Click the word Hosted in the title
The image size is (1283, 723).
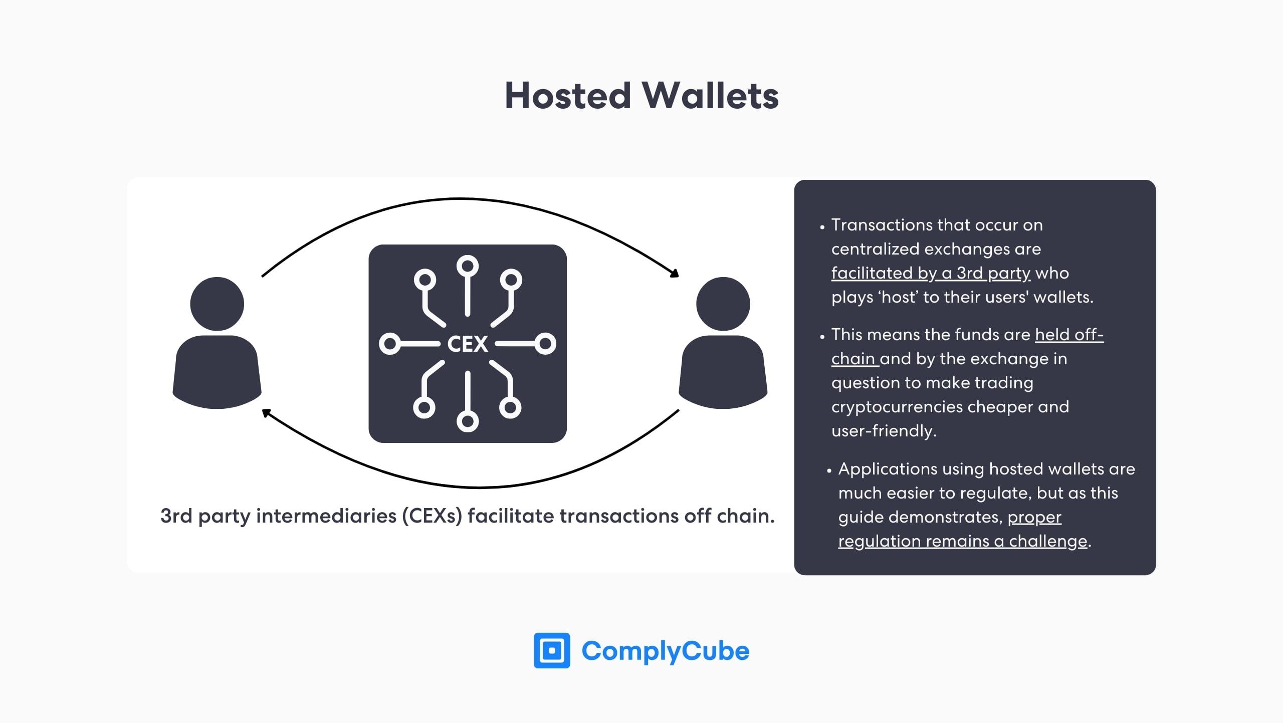[x=567, y=96]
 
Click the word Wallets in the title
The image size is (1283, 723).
[x=711, y=96]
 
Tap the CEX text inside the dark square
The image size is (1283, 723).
[x=467, y=344]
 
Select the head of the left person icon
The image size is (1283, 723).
[x=217, y=304]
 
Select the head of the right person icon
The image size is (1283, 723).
[x=723, y=304]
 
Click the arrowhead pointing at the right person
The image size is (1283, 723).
[x=675, y=273]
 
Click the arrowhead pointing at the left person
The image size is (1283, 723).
[x=267, y=413]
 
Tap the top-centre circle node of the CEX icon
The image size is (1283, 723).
[x=467, y=266]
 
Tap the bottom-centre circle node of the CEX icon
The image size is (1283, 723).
[x=467, y=421]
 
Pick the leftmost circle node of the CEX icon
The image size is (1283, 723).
[x=389, y=344]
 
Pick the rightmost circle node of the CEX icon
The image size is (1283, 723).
[x=545, y=344]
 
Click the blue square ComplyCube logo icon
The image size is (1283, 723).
[x=552, y=650]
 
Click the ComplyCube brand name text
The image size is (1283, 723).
[x=665, y=651]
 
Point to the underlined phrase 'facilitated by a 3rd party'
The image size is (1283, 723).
[x=931, y=273]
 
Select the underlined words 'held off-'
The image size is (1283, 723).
[x=1069, y=335]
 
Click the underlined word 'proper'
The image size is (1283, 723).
[x=1034, y=518]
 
